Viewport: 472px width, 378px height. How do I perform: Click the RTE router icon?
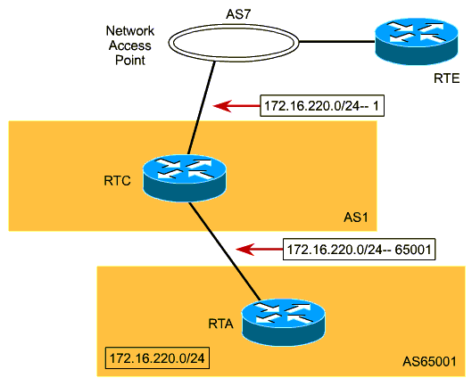tap(417, 41)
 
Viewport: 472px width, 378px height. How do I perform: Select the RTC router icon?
tap(184, 178)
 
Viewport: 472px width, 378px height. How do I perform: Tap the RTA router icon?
tap(284, 322)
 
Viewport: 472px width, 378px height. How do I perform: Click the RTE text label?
tap(446, 78)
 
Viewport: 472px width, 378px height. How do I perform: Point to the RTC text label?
tap(117, 181)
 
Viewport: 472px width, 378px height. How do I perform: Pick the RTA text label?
tap(221, 324)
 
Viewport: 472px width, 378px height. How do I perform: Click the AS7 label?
tap(238, 14)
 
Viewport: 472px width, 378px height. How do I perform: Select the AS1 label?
tap(356, 218)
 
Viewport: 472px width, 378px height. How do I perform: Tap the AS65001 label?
tap(429, 361)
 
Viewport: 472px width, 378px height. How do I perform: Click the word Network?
tap(130, 30)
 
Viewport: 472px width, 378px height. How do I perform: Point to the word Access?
tap(130, 45)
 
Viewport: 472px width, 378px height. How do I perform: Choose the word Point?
tap(130, 60)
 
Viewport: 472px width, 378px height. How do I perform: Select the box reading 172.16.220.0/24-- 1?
tap(322, 105)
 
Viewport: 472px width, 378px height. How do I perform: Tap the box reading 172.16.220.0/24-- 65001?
tap(359, 250)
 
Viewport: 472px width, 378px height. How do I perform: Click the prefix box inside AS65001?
tap(157, 358)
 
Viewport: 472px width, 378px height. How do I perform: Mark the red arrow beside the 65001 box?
tap(259, 250)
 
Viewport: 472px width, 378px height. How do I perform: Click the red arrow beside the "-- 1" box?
tap(236, 105)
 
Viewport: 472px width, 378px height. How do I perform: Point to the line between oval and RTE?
tap(337, 42)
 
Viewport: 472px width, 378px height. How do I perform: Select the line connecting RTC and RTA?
tap(225, 251)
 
